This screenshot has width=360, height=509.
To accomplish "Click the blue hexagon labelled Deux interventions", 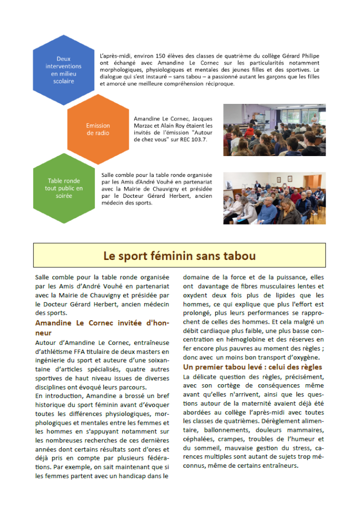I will pos(64,70).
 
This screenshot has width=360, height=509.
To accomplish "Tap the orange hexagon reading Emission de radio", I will pos(97,129).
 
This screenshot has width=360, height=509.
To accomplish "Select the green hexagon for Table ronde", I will pos(64,188).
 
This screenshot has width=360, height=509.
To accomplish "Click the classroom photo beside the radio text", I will pos(274,130).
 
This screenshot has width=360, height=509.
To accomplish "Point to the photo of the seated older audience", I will pos(274,198).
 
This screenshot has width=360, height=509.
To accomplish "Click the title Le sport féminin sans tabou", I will pos(180,256).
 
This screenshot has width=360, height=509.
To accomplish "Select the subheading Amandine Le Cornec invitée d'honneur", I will pos(102,328).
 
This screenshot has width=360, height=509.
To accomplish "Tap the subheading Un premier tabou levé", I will pos(253,367).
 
